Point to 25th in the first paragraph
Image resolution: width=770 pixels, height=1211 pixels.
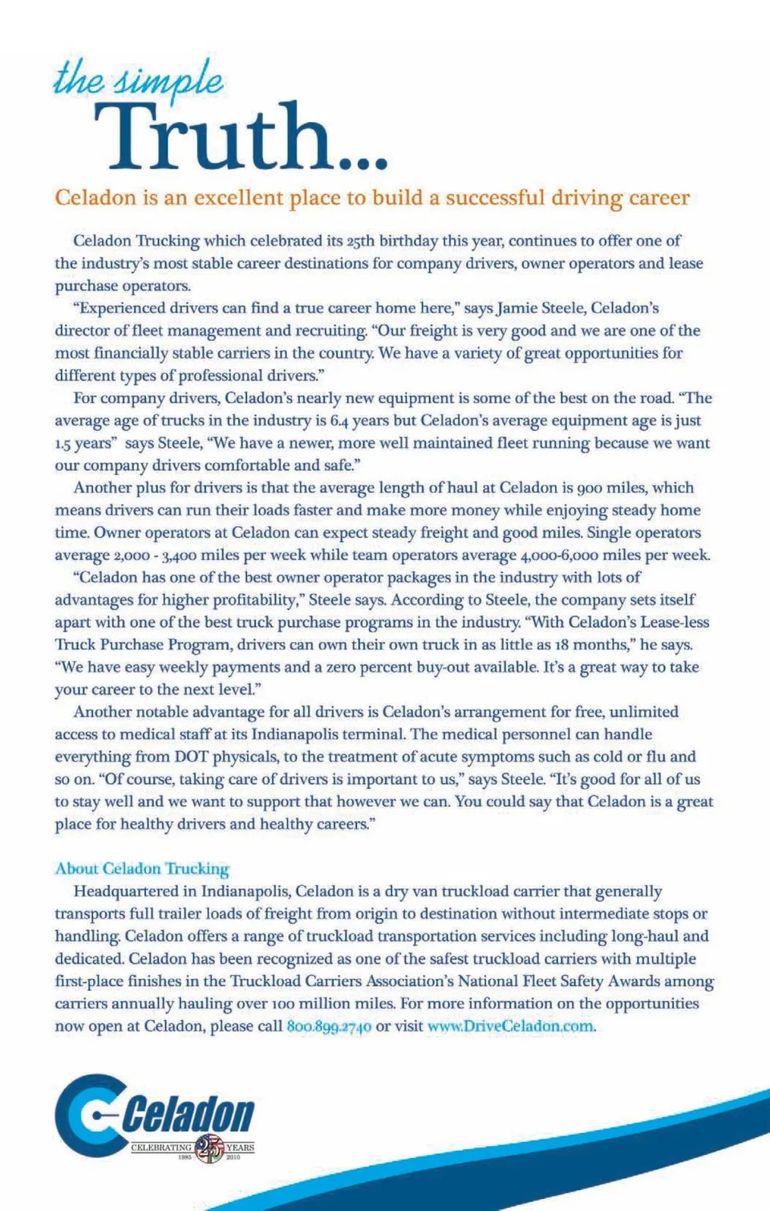click(x=361, y=241)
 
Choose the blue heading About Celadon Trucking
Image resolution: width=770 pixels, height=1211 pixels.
click(x=142, y=868)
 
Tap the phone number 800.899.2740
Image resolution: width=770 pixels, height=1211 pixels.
click(x=329, y=1026)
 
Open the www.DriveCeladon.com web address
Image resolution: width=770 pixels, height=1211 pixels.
click(x=511, y=1026)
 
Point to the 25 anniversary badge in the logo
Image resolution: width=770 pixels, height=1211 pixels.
click(x=209, y=1148)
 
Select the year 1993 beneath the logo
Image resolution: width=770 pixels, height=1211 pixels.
click(x=184, y=1158)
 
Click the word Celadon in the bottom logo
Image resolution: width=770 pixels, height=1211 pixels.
click(x=189, y=1115)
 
